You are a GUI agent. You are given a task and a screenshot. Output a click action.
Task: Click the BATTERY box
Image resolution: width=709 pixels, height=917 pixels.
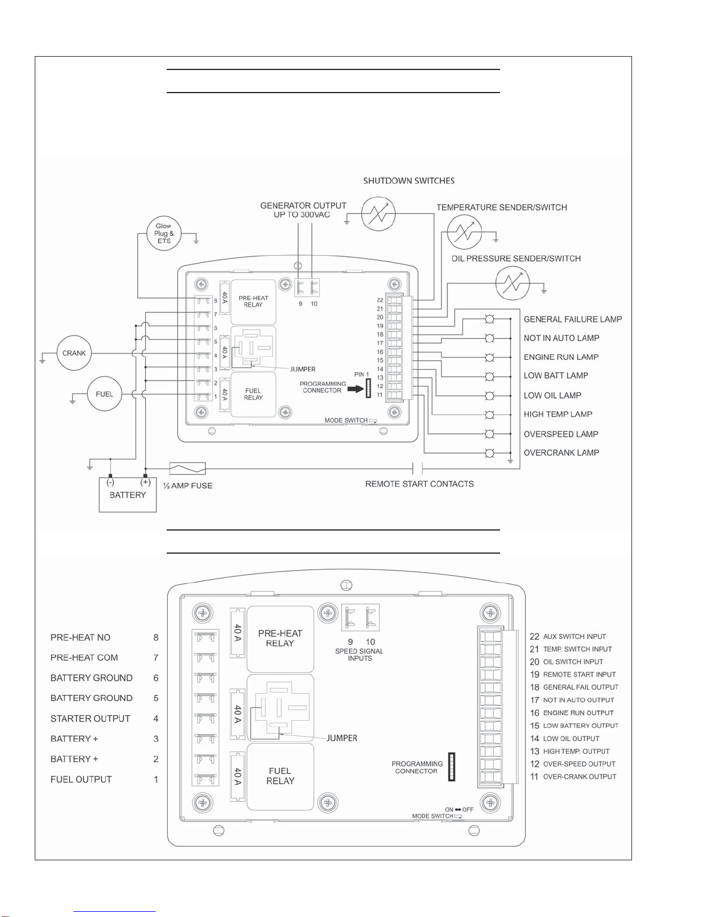click(127, 495)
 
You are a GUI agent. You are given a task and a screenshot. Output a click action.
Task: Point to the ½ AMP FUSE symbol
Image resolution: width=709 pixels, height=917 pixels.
click(188, 469)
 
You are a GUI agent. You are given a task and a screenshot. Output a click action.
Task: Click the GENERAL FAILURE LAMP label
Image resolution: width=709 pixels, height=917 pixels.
click(572, 319)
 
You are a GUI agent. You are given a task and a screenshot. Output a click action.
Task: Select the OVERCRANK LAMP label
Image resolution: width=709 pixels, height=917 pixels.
click(561, 453)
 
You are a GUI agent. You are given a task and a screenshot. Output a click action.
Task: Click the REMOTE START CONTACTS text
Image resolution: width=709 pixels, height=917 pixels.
click(420, 484)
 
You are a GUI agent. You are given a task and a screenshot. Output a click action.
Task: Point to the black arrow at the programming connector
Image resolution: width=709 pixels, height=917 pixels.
click(355, 389)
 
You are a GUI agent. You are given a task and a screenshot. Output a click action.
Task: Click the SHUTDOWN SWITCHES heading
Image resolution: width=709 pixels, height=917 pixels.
click(409, 181)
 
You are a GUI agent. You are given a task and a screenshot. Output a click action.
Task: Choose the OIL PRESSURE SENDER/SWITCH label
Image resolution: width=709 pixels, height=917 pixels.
click(516, 259)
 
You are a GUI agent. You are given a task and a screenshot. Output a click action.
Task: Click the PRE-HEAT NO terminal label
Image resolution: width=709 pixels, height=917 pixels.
click(80, 638)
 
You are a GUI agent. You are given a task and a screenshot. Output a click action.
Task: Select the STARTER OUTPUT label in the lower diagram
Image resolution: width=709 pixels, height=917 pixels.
click(90, 719)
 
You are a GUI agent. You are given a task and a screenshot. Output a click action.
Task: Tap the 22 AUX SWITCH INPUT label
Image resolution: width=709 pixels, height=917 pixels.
click(568, 636)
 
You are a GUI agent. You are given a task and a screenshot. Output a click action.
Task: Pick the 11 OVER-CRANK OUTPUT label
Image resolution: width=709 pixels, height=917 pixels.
click(573, 776)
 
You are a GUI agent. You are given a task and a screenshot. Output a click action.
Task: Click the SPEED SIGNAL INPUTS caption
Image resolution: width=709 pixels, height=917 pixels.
click(359, 654)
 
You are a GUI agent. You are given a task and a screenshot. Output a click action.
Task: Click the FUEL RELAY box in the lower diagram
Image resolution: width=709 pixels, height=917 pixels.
click(280, 776)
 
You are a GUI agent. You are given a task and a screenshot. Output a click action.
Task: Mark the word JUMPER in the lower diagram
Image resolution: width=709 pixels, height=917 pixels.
click(342, 738)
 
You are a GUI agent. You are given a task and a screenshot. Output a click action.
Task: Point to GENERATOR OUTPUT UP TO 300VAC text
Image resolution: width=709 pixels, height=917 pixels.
click(303, 210)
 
